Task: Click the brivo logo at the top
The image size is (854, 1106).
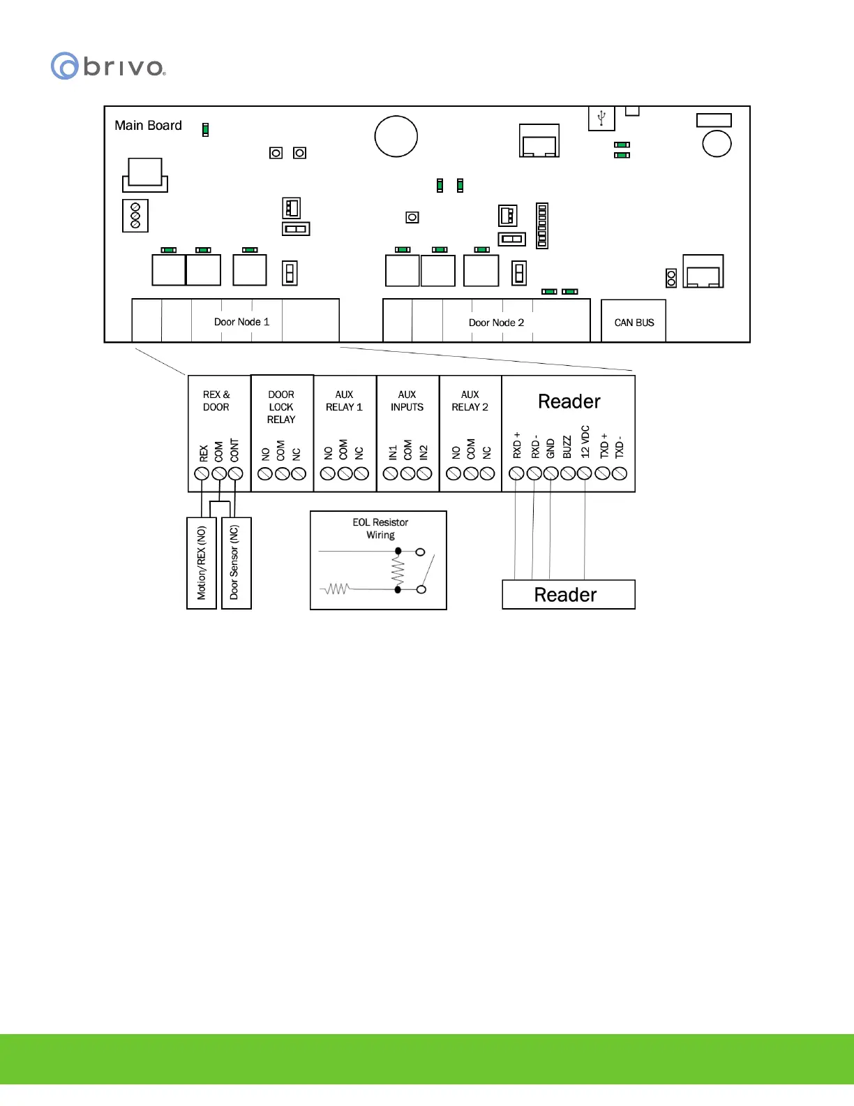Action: (x=108, y=66)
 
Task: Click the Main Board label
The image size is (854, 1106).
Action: (x=148, y=126)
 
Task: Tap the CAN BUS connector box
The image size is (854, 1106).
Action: (x=634, y=322)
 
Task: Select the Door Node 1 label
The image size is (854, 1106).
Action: (x=241, y=322)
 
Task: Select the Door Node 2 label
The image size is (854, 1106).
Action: (x=496, y=323)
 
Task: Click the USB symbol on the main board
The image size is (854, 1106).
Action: (x=601, y=117)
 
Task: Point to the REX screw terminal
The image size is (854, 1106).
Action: (x=202, y=473)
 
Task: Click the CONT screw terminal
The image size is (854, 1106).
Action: (x=236, y=473)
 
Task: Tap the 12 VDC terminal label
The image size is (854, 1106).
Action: (x=585, y=442)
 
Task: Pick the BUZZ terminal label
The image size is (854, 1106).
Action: (x=567, y=447)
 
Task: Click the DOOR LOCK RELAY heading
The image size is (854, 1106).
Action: (x=281, y=407)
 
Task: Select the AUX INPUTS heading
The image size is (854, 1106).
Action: (x=407, y=401)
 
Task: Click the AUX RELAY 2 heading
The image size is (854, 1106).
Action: (x=470, y=401)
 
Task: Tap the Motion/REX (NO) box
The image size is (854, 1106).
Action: (x=202, y=563)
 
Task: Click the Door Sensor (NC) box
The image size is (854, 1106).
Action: (x=235, y=563)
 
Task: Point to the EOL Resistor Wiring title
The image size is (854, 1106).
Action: (x=380, y=529)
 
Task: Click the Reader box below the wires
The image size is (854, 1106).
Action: (x=568, y=595)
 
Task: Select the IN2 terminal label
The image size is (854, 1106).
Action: (x=424, y=452)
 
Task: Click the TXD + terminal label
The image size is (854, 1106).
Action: (x=604, y=445)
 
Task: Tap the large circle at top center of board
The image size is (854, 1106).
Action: (x=396, y=136)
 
